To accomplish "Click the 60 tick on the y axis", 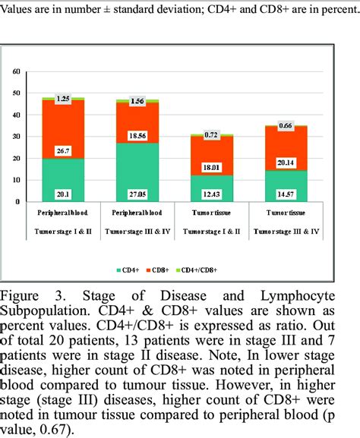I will (17, 71).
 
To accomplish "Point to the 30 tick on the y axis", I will (17, 137).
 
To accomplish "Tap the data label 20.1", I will (63, 193).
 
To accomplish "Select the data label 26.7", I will (63, 151).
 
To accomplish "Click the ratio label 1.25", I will (63, 99).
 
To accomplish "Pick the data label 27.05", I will (137, 193).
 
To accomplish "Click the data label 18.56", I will (137, 134).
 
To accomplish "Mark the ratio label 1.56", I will (137, 101).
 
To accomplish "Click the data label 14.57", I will (286, 193).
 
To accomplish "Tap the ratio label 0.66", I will (286, 125).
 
